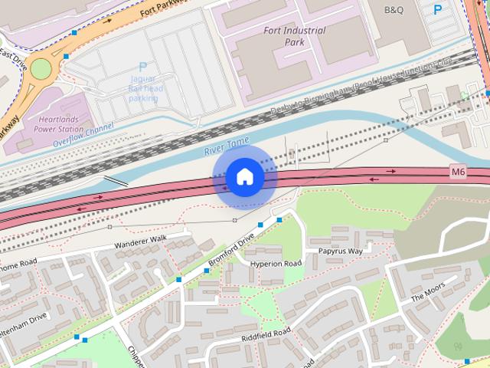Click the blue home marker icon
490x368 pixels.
pyautogui.click(x=244, y=176)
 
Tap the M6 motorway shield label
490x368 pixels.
pyautogui.click(x=458, y=172)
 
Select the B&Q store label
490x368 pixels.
pyautogui.click(x=394, y=10)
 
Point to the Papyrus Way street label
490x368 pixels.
pyautogui.click(x=335, y=251)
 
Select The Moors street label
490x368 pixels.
pyautogui.click(x=427, y=293)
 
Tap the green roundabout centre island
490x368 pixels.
pyautogui.click(x=40, y=69)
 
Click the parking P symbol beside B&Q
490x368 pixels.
pyautogui.click(x=438, y=10)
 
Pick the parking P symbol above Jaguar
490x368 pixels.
pyautogui.click(x=142, y=67)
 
